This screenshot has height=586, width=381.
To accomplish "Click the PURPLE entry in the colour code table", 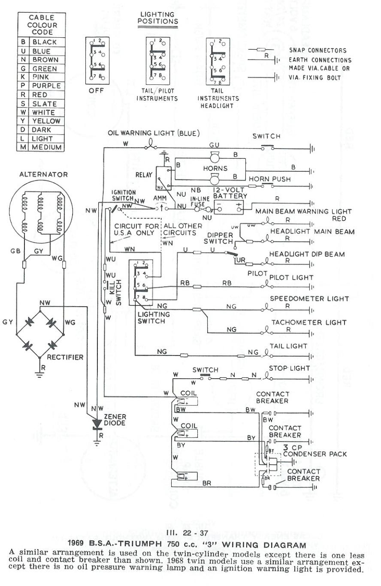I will pyautogui.click(x=46, y=86).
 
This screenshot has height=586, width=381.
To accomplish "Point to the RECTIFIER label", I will pyautogui.click(x=65, y=356).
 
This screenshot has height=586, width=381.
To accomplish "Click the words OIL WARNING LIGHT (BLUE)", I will pyautogui.click(x=154, y=133).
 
